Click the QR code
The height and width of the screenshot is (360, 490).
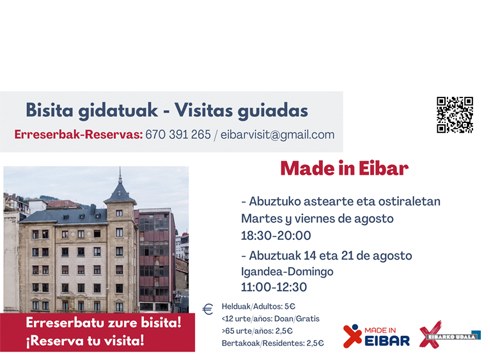coord(454,114)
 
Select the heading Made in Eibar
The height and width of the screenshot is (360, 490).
coord(343,168)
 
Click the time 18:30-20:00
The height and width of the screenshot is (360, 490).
coord(275,235)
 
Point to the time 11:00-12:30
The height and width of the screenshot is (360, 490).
coord(274,287)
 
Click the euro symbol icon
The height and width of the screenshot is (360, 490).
coord(208,309)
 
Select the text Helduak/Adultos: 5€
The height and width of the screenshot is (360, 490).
coord(259,307)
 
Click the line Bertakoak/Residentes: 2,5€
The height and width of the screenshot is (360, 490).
coord(273,343)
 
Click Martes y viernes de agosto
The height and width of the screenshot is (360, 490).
coord(317,218)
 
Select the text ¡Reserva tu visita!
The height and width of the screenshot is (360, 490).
coord(86,340)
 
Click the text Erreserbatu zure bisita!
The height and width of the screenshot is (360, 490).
coord(103,322)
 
